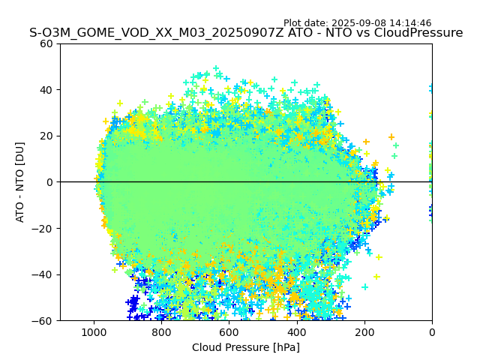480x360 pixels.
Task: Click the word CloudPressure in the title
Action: [x=417, y=33]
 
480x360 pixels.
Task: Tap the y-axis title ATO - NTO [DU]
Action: [x=20, y=182]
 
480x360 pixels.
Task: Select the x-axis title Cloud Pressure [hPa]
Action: [x=246, y=347]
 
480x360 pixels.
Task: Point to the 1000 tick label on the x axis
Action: [x=94, y=331]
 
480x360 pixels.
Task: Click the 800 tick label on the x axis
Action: [x=161, y=331]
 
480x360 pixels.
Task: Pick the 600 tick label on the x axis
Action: [x=229, y=331]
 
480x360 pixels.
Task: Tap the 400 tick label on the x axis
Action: [x=297, y=331]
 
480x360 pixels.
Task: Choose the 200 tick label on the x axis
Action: [x=364, y=331]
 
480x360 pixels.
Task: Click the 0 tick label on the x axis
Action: [x=432, y=331]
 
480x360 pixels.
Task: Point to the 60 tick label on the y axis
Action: [x=46, y=43]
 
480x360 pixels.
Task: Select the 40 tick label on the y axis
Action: [x=46, y=90]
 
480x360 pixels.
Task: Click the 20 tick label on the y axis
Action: [x=46, y=136]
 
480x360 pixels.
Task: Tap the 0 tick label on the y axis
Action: [x=49, y=182]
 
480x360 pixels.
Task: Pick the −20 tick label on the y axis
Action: [x=43, y=229]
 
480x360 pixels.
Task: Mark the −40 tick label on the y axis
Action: [x=43, y=274]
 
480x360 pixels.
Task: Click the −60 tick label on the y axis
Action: [x=43, y=321]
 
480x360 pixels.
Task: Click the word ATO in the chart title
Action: [x=269, y=33]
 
